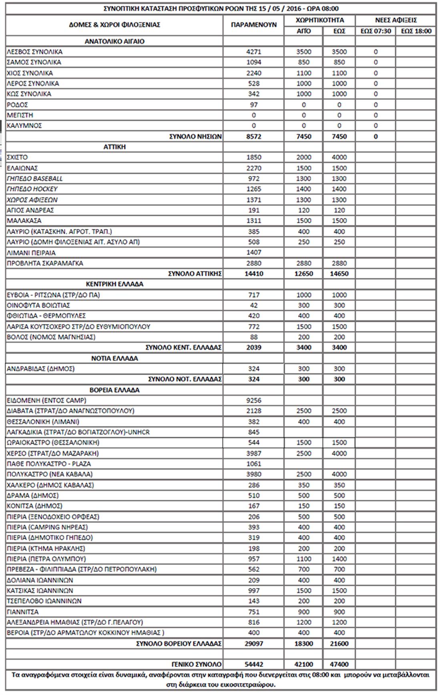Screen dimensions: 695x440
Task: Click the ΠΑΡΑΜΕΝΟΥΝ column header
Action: pyautogui.click(x=253, y=25)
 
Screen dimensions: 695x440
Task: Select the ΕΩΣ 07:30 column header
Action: pyautogui.click(x=375, y=31)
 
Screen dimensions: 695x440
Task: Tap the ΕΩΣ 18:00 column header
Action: pyautogui.click(x=416, y=31)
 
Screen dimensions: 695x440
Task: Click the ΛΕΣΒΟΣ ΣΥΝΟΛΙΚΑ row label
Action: pyautogui.click(x=35, y=52)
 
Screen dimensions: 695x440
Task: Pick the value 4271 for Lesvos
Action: pyautogui.click(x=253, y=52)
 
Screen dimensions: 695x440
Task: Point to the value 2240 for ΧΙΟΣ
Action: pyautogui.click(x=253, y=73)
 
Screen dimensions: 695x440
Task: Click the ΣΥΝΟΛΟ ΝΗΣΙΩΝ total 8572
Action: pyautogui.click(x=253, y=136)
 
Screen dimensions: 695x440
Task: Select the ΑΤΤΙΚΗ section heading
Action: pyautogui.click(x=115, y=147)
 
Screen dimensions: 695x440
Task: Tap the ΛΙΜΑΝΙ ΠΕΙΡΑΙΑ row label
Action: pyautogui.click(x=31, y=253)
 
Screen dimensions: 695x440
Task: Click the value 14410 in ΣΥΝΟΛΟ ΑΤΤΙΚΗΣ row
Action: pyautogui.click(x=253, y=274)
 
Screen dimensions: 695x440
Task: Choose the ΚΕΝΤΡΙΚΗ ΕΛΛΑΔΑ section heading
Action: pyautogui.click(x=115, y=284)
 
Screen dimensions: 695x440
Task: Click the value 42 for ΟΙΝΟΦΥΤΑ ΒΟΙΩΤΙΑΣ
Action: pyautogui.click(x=253, y=305)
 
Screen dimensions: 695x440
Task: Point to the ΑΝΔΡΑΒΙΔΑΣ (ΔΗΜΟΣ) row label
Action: pyautogui.click(x=41, y=369)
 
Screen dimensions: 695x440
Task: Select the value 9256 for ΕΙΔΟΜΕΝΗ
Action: pyautogui.click(x=253, y=400)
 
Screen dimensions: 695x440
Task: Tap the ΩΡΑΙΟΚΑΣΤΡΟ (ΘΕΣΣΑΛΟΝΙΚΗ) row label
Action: pyautogui.click(x=53, y=442)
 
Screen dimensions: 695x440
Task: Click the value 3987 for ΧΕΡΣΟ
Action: pyautogui.click(x=253, y=453)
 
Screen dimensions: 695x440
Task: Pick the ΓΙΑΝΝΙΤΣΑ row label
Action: pyautogui.click(x=23, y=612)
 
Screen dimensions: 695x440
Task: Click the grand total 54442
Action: pyautogui.click(x=253, y=664)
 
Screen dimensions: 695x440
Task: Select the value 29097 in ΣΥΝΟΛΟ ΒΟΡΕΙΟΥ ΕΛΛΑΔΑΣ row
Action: pyautogui.click(x=253, y=643)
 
